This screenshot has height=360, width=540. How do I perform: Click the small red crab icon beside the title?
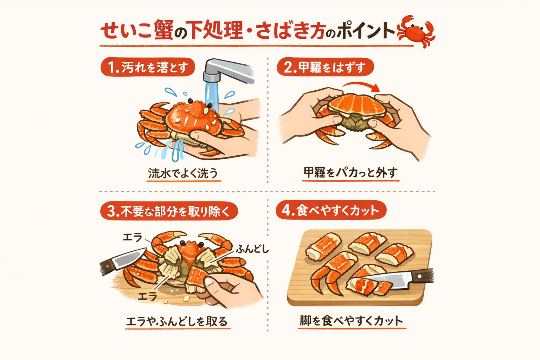(x=416, y=31)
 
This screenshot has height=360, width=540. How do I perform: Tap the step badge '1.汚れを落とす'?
(x=148, y=67)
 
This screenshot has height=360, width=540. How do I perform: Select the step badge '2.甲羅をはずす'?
(x=325, y=67)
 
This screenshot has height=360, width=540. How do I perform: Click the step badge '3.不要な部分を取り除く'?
(x=169, y=211)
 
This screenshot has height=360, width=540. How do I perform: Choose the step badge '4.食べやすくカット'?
(x=331, y=210)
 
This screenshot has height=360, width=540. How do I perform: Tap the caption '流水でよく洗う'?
(x=183, y=173)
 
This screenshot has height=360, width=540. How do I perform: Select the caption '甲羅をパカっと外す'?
(x=351, y=173)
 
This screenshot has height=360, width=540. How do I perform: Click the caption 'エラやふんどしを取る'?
(x=177, y=321)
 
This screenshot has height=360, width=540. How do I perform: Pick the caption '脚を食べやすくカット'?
(x=351, y=321)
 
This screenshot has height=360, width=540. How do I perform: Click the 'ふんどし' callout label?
(x=252, y=249)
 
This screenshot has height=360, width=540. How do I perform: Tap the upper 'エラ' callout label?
(x=133, y=238)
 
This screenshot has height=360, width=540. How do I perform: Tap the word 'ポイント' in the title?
(x=366, y=31)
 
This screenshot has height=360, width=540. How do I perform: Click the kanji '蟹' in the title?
(x=163, y=30)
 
